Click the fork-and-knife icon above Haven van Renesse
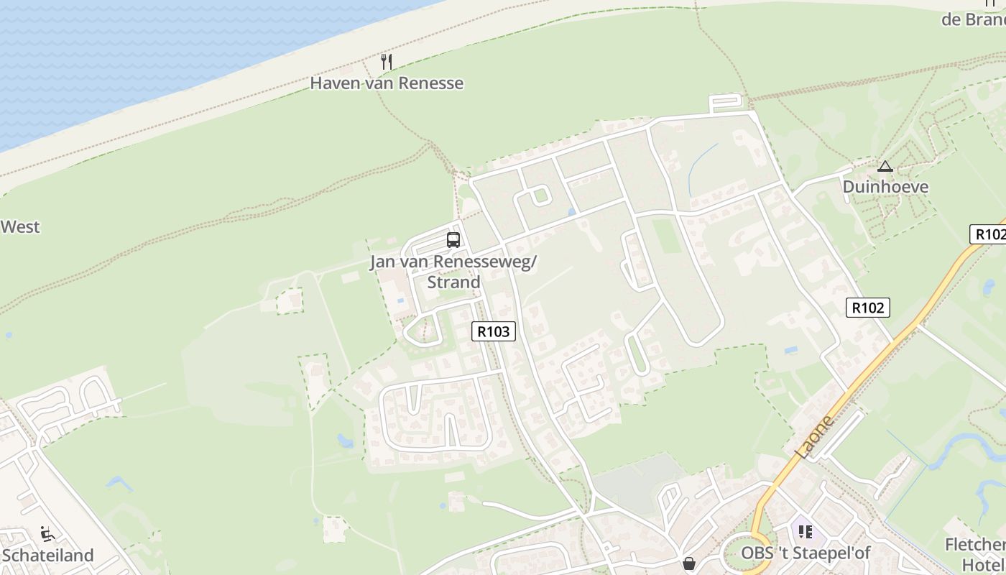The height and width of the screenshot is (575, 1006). (387, 62)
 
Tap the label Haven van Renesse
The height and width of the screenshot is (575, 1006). (387, 83)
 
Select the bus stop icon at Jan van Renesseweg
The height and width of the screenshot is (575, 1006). (453, 240)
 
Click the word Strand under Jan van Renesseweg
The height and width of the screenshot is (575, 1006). (453, 282)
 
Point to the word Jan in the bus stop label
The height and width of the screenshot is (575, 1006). (382, 262)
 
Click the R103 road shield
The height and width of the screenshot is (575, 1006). (494, 331)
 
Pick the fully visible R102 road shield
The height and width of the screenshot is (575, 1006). (867, 308)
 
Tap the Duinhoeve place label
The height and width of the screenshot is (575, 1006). (885, 187)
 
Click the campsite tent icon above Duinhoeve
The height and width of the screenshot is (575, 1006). (885, 167)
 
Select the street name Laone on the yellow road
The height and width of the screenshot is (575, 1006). (816, 437)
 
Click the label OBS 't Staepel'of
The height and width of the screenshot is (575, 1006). (806, 553)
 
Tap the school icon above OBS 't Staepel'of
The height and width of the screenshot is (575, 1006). (805, 532)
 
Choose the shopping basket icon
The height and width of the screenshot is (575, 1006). (688, 564)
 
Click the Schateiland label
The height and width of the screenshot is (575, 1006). (48, 556)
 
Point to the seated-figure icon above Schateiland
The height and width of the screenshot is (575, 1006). (47, 534)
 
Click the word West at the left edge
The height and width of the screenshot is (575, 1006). (20, 227)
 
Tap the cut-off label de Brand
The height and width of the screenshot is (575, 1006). (974, 19)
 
